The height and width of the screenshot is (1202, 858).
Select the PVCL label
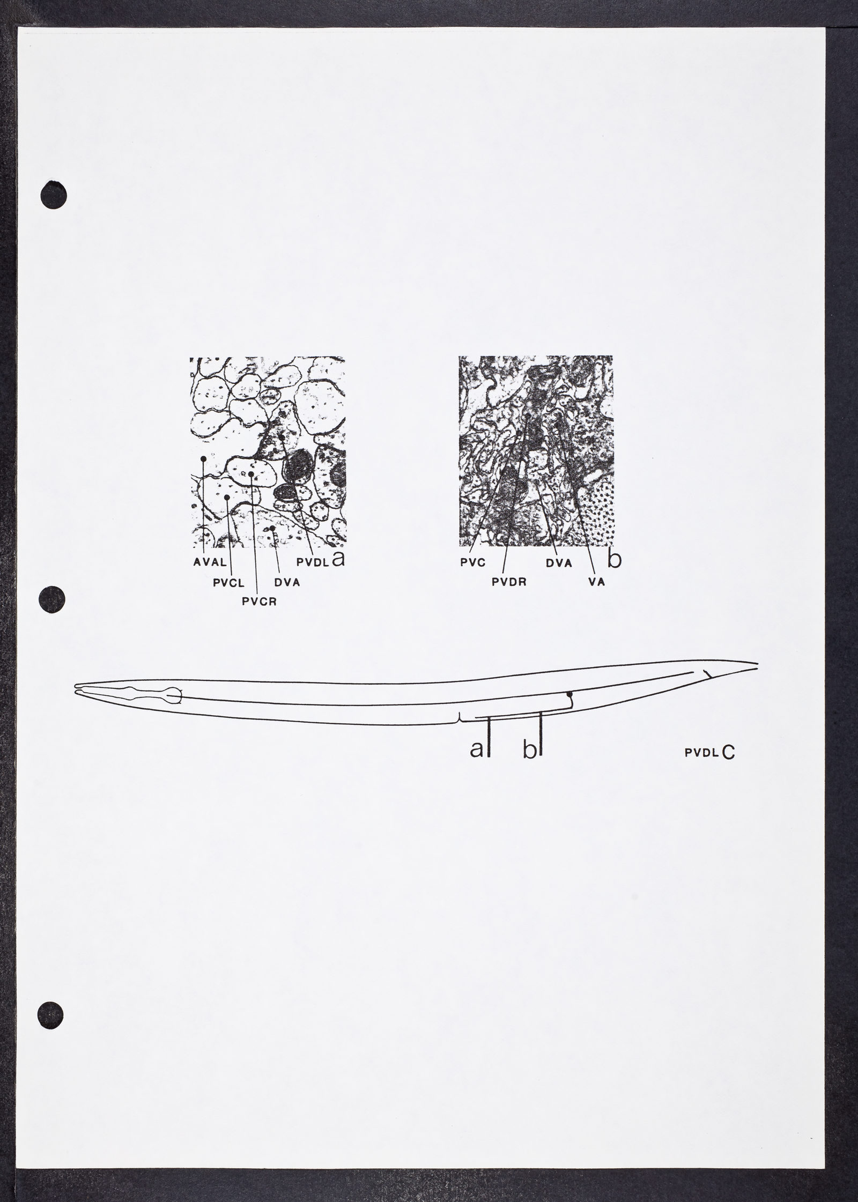pyautogui.click(x=229, y=584)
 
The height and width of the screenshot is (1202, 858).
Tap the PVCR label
pyautogui.click(x=258, y=602)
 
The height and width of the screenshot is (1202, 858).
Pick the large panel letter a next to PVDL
pyautogui.click(x=338, y=559)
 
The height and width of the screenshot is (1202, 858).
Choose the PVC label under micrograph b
pyautogui.click(x=472, y=563)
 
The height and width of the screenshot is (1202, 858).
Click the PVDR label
pyautogui.click(x=509, y=583)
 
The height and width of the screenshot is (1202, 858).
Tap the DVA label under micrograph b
pyautogui.click(x=559, y=563)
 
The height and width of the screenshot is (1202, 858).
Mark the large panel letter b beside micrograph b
pyautogui.click(x=615, y=559)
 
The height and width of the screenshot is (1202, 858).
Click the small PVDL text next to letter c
pyautogui.click(x=701, y=753)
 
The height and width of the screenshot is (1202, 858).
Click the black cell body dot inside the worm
pyautogui.click(x=571, y=694)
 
